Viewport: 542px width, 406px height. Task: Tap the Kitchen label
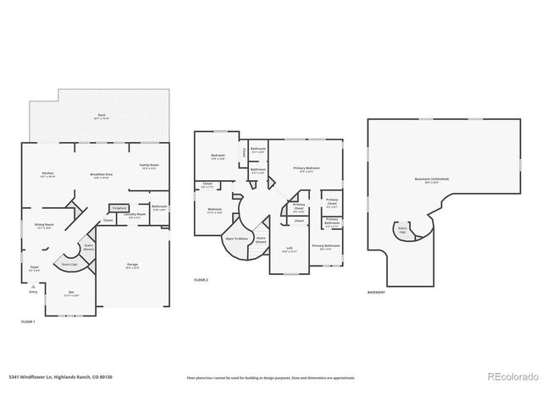tap(48, 175)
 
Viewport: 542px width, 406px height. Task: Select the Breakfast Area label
tap(102, 175)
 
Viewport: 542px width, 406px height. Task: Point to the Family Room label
tap(150, 166)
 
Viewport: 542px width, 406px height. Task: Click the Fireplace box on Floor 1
tap(119, 207)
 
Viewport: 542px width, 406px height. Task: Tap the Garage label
tap(133, 266)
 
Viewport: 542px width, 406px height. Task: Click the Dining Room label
tap(43, 226)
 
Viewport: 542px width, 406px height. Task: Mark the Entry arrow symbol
tap(34, 286)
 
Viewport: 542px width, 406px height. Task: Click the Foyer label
tap(35, 268)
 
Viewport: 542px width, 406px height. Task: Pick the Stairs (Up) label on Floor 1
tap(69, 265)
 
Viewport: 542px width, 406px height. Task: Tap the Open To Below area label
tap(236, 239)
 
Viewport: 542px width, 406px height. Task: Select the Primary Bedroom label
tap(307, 169)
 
